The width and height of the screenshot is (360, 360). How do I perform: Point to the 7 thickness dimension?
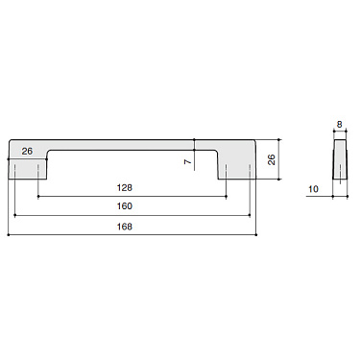pos(188,161)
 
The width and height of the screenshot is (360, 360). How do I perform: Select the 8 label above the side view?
pos(341,124)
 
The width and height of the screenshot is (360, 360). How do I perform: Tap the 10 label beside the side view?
pos(314,190)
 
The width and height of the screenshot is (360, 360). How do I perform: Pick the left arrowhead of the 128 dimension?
pos(39,196)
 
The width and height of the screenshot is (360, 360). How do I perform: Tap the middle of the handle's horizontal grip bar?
pos(132,144)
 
